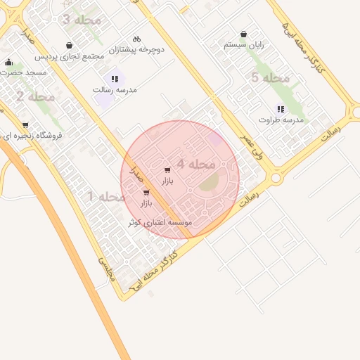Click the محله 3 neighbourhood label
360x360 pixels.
(82, 20)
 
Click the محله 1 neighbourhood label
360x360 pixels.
(106, 197)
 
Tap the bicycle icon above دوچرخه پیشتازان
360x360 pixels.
(136, 39)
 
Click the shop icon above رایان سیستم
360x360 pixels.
(243, 34)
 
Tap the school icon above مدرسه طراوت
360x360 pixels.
(281, 109)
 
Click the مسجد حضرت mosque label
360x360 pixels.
(23, 72)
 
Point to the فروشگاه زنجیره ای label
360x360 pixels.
(31, 135)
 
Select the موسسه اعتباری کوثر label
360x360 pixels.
(160, 222)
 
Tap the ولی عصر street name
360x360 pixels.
(251, 146)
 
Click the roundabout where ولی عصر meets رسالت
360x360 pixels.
(276, 178)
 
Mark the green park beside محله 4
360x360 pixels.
(210, 184)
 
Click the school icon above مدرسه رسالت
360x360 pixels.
(115, 79)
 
